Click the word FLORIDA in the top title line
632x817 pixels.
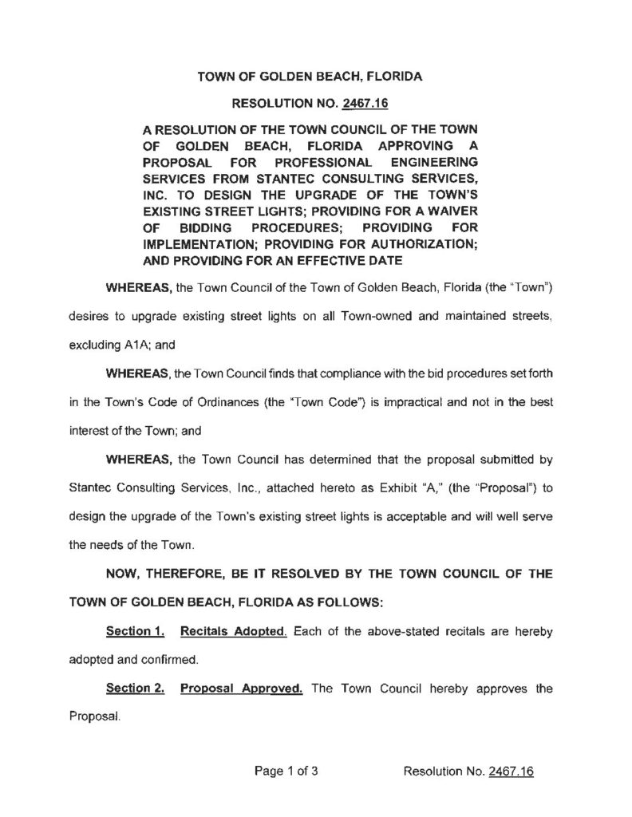(394, 77)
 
